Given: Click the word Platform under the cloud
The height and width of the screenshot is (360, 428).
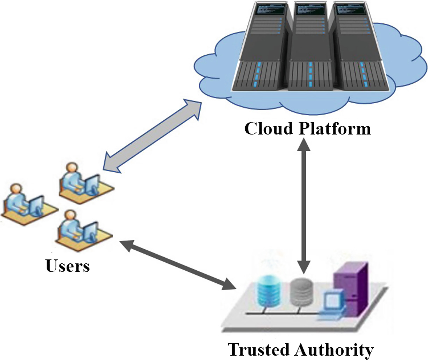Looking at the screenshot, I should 335,129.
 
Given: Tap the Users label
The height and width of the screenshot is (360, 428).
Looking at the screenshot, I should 68,266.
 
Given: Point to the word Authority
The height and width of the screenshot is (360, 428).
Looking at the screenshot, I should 334,349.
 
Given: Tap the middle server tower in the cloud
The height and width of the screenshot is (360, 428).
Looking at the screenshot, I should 310,49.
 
